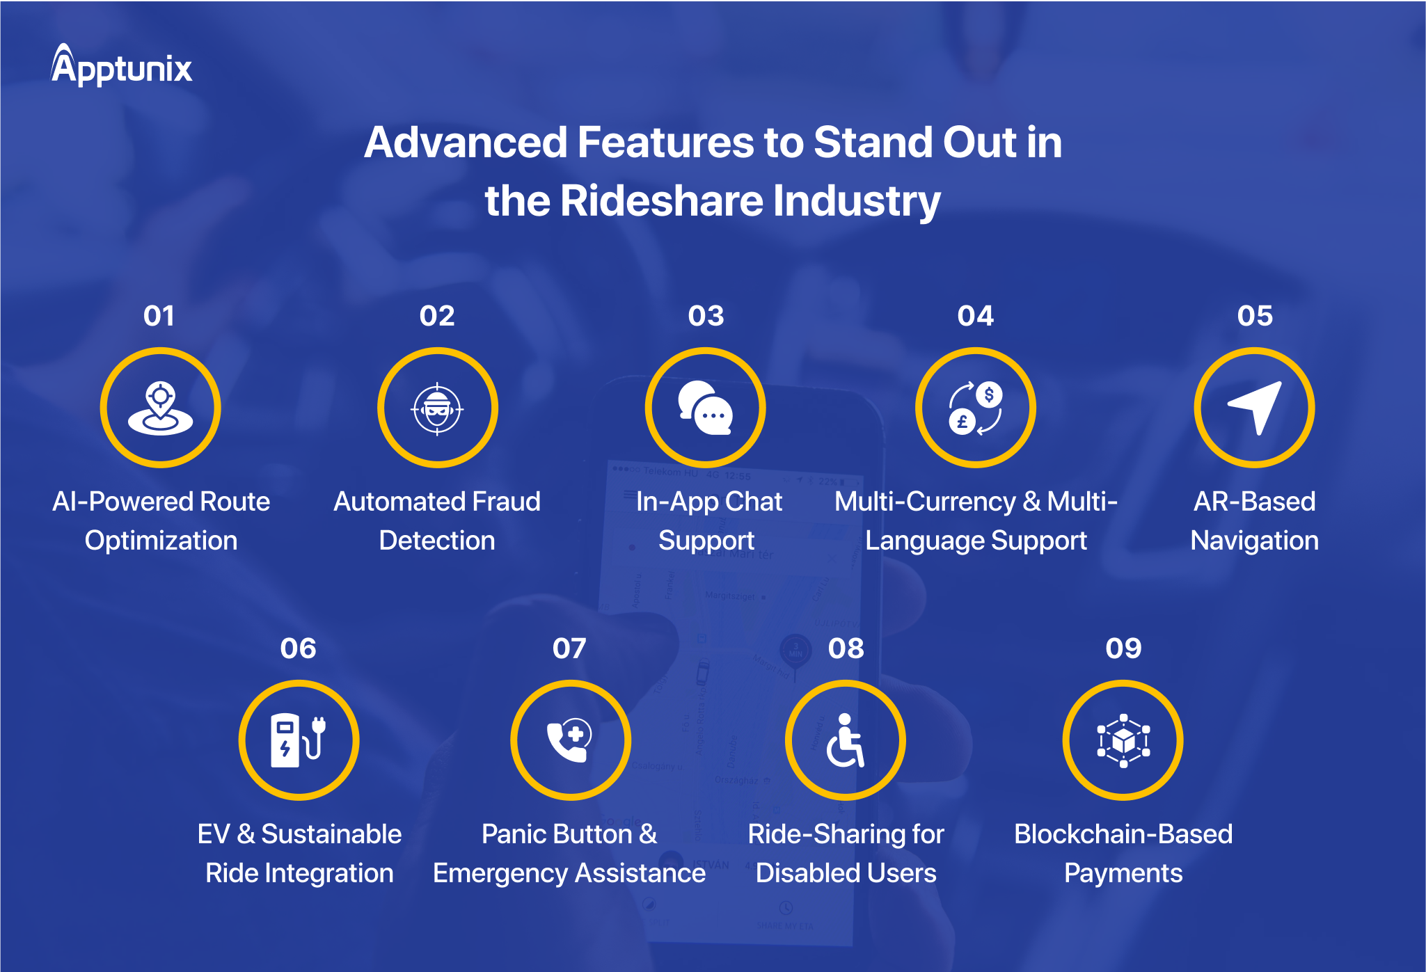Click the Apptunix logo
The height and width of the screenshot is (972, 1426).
pos(122,66)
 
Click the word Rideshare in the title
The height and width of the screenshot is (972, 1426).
pos(661,200)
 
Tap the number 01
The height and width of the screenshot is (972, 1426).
pos(159,316)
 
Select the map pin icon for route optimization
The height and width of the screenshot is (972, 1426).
pos(161,408)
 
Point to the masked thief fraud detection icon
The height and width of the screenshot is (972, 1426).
pos(437,408)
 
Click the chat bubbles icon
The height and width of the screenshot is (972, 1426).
pos(706,408)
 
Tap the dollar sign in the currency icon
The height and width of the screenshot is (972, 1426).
pos(989,395)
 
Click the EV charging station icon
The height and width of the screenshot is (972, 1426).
pos(299,740)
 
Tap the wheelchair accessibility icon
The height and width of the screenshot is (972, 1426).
pos(846,740)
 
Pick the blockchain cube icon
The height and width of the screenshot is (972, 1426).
pos(1123,740)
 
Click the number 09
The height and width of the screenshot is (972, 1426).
pos(1123,648)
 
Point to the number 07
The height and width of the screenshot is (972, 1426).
pos(569,648)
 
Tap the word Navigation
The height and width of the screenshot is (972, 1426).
pos(1254,541)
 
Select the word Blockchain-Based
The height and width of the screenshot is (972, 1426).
pos(1123,834)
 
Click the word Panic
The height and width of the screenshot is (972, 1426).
pos(515,834)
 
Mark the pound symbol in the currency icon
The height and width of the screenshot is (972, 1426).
pos(962,422)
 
